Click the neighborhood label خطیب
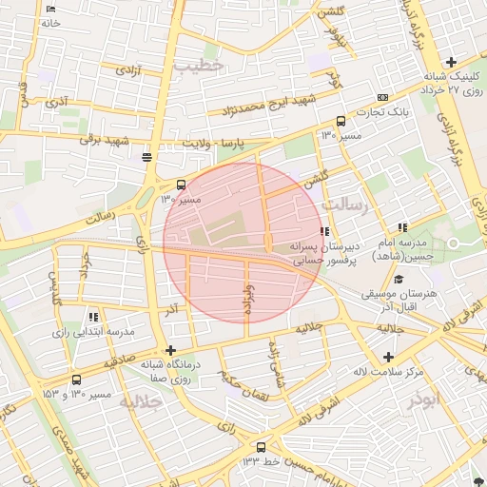coord(199,65)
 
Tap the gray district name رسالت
coord(343,204)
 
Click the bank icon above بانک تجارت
coord(383,97)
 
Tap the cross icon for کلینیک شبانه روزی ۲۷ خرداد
coord(451,63)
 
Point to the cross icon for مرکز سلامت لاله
coord(388,357)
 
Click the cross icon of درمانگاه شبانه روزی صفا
coord(170,351)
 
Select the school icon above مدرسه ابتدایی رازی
coord(92,317)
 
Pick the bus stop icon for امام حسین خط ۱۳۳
coord(262,446)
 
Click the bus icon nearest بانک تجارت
coord(341,122)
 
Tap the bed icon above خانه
coord(50,9)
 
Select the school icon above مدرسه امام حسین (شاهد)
coord(403,228)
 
